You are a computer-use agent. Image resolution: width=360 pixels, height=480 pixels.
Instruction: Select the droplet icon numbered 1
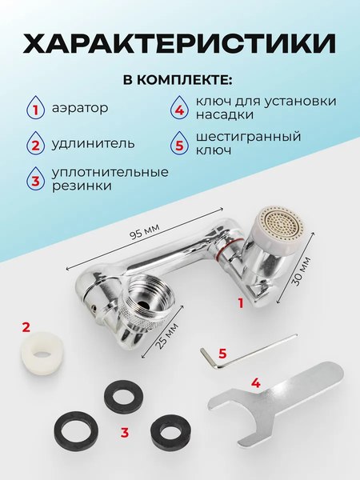tap(35, 107)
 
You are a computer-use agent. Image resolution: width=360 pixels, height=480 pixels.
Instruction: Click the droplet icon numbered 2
tap(35, 145)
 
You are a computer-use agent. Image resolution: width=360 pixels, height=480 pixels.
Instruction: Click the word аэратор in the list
tap(79, 107)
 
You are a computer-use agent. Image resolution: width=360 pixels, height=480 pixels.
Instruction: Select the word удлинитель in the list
tap(93, 145)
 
